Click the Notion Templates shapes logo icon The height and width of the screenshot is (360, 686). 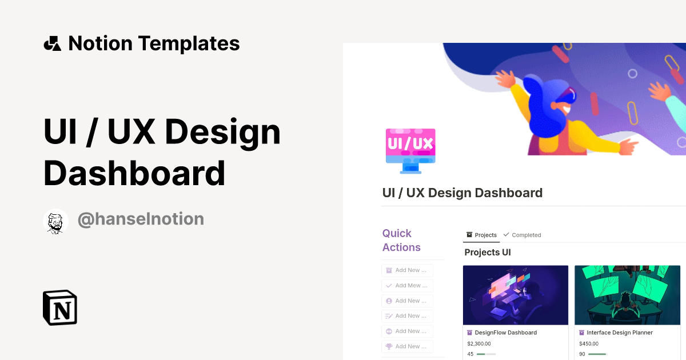pos(52,43)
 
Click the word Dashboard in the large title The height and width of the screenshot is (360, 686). pos(134,173)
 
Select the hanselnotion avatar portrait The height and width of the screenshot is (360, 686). pos(55,221)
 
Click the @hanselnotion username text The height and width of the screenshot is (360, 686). pos(141,219)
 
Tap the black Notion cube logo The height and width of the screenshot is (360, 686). pos(60,308)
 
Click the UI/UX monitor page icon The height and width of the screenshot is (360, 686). pos(410,150)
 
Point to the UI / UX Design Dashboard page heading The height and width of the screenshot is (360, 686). pos(462,193)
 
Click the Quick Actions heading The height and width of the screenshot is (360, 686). pos(401,241)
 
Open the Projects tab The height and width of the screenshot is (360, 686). pos(481,235)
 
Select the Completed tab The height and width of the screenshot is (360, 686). pos(522,235)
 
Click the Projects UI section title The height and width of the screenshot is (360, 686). pos(487,253)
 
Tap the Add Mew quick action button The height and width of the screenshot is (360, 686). pos(407,286)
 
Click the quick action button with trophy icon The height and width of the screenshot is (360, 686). pos(407,346)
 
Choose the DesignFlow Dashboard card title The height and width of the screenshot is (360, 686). pos(505,333)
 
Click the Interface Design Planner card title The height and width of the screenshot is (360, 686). pos(619,333)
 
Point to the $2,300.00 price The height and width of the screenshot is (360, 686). pos(479,344)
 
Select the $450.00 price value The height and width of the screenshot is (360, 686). pos(589,344)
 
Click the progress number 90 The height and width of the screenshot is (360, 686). pos(583,354)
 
